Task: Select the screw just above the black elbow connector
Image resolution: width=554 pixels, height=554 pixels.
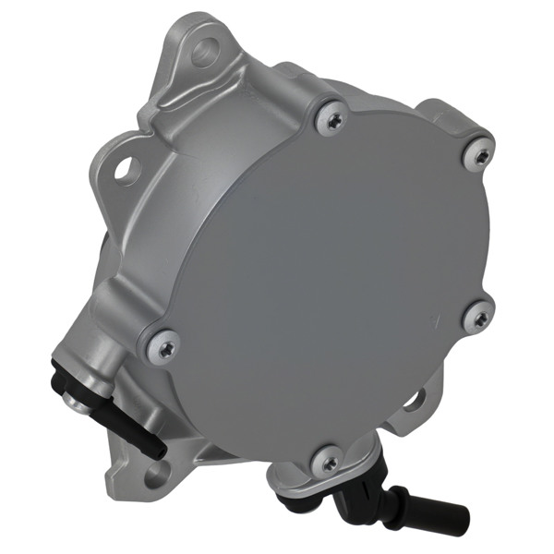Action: coord(325,461)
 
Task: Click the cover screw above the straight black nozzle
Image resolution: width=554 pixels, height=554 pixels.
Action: coord(164,346)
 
